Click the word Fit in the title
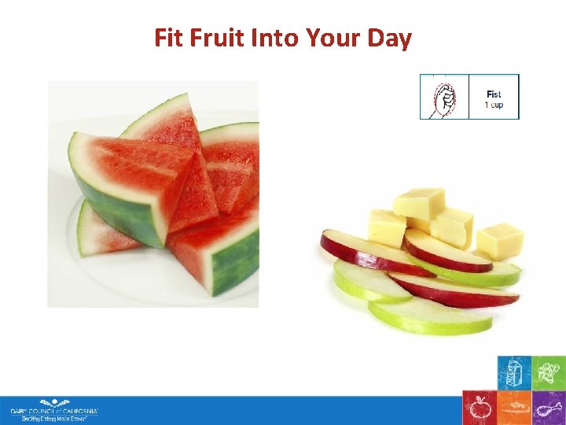pyautogui.click(x=169, y=37)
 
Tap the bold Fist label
pyautogui.click(x=494, y=94)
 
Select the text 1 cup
pyautogui.click(x=494, y=105)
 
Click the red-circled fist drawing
pyautogui.click(x=444, y=98)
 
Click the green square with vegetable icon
pyautogui.click(x=549, y=373)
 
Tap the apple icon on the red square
pyautogui.click(x=479, y=408)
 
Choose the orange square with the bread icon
pyautogui.click(x=514, y=408)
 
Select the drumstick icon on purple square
pyautogui.click(x=549, y=408)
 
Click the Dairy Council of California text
pyautogui.click(x=53, y=411)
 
